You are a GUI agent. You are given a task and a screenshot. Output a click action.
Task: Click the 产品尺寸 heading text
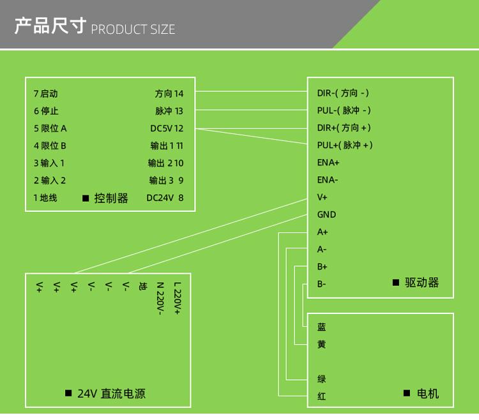click(50, 27)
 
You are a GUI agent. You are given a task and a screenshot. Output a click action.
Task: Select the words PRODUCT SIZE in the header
click(133, 29)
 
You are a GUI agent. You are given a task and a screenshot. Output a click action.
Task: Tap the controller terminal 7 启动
click(50, 94)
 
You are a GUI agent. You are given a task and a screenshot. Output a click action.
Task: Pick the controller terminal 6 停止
click(46, 111)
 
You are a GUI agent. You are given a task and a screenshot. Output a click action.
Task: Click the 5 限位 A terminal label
click(50, 128)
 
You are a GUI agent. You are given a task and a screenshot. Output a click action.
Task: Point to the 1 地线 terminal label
click(45, 198)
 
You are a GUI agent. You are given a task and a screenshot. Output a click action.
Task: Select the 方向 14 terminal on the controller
click(169, 94)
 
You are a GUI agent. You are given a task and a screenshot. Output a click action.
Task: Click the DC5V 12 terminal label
click(167, 128)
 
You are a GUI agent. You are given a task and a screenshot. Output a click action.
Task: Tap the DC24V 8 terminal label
click(165, 198)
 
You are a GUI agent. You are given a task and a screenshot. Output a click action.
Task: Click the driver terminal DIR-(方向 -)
click(343, 93)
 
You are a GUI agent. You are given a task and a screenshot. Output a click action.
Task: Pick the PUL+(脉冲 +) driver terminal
click(345, 145)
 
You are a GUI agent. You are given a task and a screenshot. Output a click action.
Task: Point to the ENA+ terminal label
click(328, 163)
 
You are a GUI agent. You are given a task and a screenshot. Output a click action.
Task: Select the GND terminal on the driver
click(326, 214)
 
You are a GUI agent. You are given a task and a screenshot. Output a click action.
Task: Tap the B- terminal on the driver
click(322, 284)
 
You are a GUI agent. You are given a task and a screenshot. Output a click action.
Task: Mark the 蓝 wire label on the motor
click(321, 327)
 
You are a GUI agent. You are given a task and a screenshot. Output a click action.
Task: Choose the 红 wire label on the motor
click(321, 396)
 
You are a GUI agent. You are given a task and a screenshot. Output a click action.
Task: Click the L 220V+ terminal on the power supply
click(177, 298)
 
